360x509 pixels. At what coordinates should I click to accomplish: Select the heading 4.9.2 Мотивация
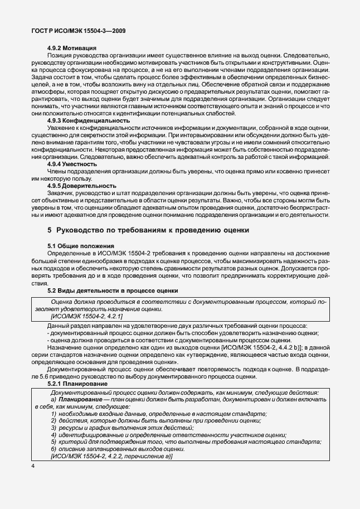coord(72,49)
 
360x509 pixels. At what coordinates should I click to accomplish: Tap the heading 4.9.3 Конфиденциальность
coord(89,120)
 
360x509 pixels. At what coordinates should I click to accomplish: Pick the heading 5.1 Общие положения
coord(81,246)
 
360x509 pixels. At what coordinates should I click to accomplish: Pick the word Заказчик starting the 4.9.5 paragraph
coord(60,193)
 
